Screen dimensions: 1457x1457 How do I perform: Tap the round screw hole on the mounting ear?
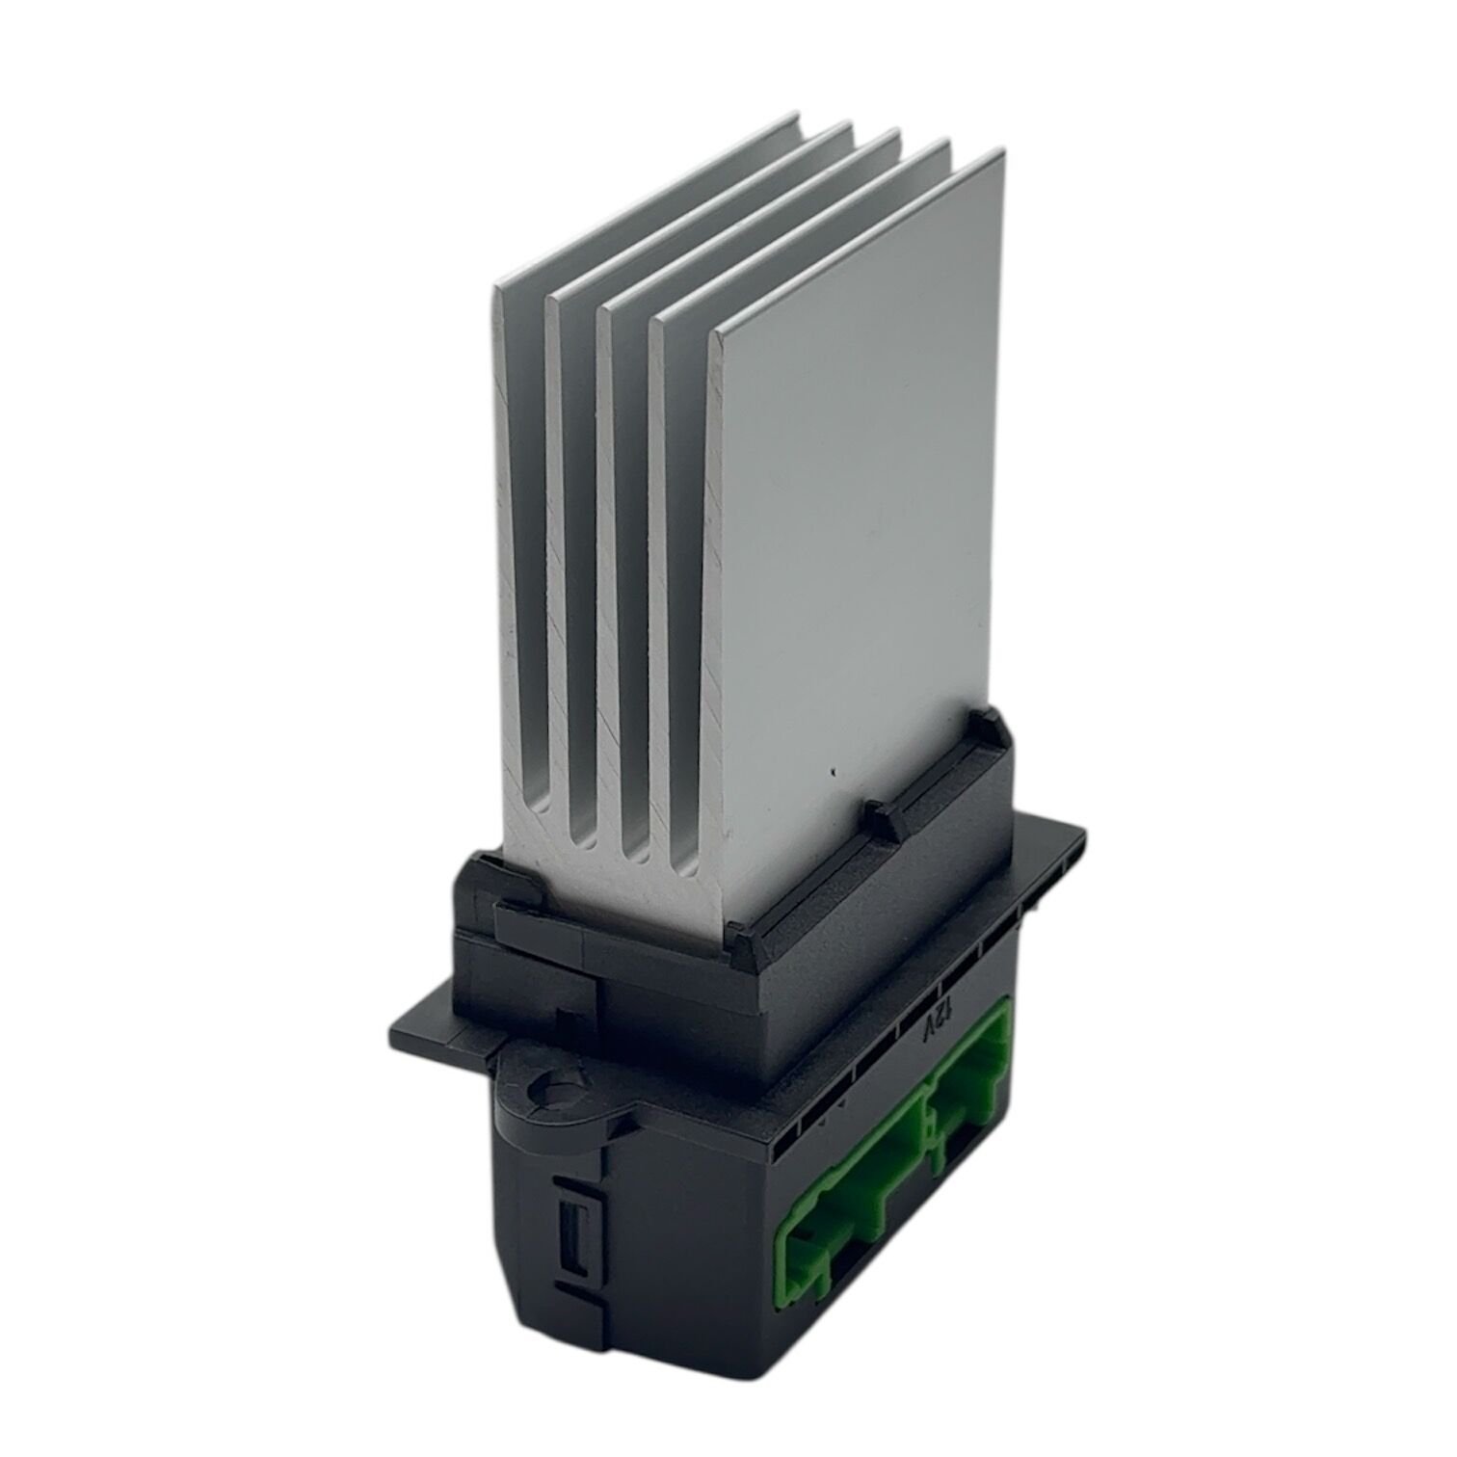[545, 1093]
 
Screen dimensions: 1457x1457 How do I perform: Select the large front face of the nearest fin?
[858, 501]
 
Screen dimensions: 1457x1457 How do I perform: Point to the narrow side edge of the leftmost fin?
[520, 578]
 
